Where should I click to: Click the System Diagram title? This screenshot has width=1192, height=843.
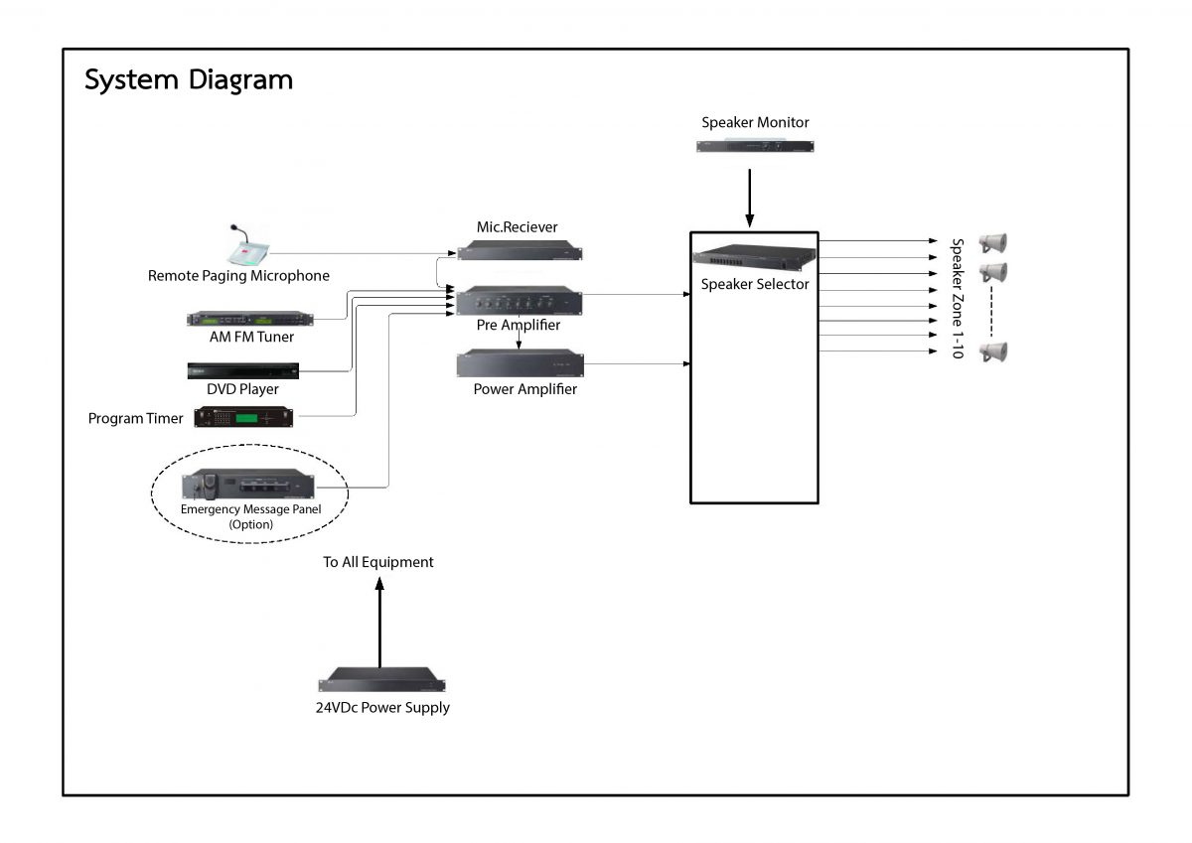coord(189,79)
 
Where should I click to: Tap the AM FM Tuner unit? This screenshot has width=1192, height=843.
coord(249,318)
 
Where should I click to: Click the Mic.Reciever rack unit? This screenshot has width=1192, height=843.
coord(519,251)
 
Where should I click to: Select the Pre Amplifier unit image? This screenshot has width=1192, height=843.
coord(519,299)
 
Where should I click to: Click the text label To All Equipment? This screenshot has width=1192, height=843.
coord(378,562)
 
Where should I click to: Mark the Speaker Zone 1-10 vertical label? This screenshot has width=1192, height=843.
coord(958,298)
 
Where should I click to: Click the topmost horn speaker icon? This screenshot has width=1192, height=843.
coord(992,242)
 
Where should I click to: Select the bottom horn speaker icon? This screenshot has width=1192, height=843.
coord(992,351)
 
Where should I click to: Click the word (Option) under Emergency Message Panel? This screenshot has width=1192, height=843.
coord(250,523)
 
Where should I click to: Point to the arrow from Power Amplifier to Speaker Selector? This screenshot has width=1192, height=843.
coord(636,364)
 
